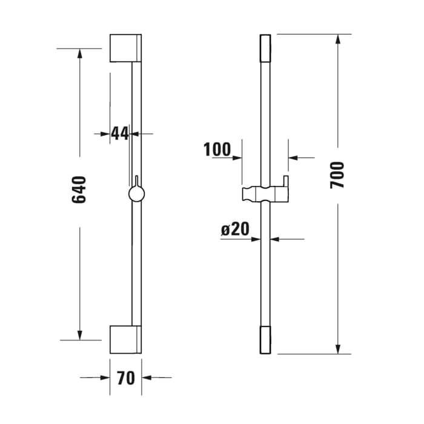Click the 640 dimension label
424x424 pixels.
click(79, 189)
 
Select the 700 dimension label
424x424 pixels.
click(337, 174)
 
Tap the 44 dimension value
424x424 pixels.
click(121, 133)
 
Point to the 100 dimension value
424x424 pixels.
click(217, 149)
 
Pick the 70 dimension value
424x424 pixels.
click(125, 378)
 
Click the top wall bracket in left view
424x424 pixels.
click(125, 48)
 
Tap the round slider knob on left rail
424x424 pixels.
click(137, 194)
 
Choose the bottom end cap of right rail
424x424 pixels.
click(265, 340)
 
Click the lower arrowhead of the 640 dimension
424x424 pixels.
click(79, 334)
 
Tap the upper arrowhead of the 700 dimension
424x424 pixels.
click(337, 39)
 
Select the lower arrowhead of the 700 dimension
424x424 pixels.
click(337, 348)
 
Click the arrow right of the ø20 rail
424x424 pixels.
click(276, 239)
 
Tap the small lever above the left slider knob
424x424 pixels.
click(137, 181)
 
